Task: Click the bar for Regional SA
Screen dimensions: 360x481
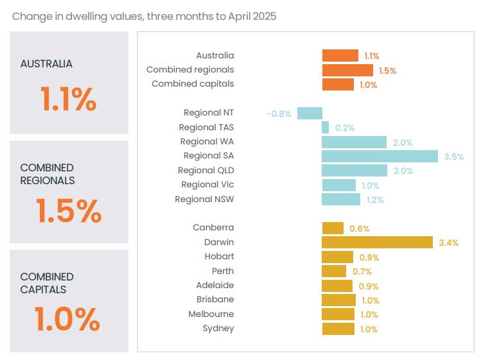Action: pyautogui.click(x=380, y=156)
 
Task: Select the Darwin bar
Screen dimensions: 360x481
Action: pyautogui.click(x=377, y=242)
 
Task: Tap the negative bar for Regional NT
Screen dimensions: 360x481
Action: pyautogui.click(x=310, y=113)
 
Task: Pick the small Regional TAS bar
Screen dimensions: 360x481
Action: pyautogui.click(x=325, y=128)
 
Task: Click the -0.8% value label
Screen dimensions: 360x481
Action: pyautogui.click(x=279, y=114)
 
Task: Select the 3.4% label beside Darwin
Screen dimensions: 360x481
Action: pyautogui.click(x=448, y=243)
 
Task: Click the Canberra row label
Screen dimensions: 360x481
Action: pyautogui.click(x=213, y=227)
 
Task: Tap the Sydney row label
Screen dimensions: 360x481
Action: pyautogui.click(x=218, y=328)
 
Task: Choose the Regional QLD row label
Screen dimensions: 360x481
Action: pyautogui.click(x=206, y=170)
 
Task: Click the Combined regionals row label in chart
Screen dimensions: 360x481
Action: pyautogui.click(x=190, y=69)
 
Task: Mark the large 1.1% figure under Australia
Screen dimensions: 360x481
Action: pyautogui.click(x=68, y=99)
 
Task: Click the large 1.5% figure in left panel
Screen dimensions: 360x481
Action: pyautogui.click(x=68, y=210)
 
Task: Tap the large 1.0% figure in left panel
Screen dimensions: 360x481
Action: pyautogui.click(x=67, y=319)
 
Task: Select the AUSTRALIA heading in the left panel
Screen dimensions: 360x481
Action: pyautogui.click(x=46, y=64)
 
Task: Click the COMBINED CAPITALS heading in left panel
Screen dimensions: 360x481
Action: pyautogui.click(x=47, y=283)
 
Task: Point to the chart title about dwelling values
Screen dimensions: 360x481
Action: pyautogui.click(x=144, y=16)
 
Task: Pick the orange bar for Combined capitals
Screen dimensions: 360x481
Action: pyautogui.click(x=338, y=84)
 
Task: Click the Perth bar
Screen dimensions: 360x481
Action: pyautogui.click(x=334, y=271)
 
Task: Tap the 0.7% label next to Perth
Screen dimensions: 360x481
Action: pyautogui.click(x=362, y=271)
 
